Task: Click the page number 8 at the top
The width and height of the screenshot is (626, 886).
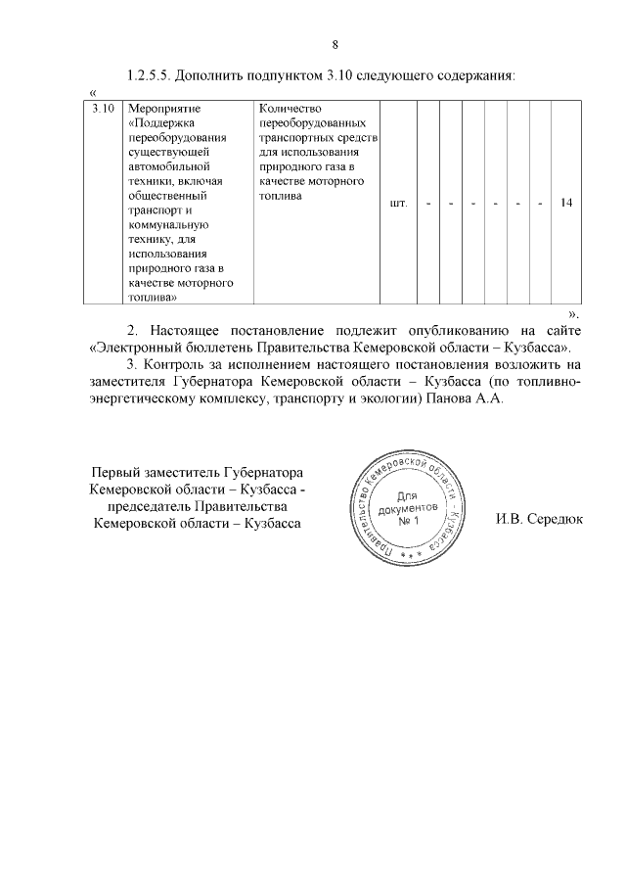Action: (335, 44)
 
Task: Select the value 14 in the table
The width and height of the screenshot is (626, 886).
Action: (566, 203)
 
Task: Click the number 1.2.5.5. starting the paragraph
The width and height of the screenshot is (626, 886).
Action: (156, 75)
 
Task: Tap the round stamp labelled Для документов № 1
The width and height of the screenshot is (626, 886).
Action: (406, 510)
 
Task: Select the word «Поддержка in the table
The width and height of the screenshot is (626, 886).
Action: (163, 122)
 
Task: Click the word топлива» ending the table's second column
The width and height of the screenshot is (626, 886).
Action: (152, 299)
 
